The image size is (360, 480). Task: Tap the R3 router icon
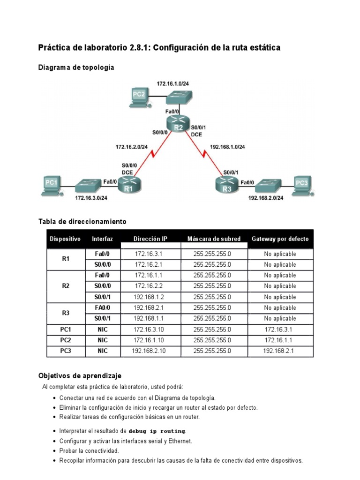coord(227,186)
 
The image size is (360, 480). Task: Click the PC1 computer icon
coord(50,184)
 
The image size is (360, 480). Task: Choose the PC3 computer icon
coord(302,184)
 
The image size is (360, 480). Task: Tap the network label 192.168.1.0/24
coord(227,147)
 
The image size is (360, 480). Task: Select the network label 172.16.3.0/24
coord(91,198)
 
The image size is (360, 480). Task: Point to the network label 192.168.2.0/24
coord(266,198)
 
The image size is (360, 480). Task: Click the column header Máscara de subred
coord(214,239)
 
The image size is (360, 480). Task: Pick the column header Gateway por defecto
coord(280,239)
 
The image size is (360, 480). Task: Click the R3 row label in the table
coord(66,313)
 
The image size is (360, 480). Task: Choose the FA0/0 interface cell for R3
coord(103,307)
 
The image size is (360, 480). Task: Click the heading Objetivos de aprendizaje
coord(79,375)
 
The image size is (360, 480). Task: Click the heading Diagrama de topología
coord(76,67)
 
